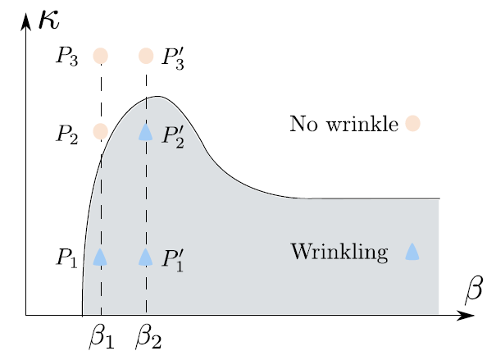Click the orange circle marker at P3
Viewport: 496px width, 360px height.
(100, 56)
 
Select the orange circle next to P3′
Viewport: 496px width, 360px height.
(146, 56)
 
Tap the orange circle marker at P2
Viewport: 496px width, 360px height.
(100, 131)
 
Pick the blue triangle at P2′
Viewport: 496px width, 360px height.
(146, 131)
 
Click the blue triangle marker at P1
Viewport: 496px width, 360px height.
(100, 257)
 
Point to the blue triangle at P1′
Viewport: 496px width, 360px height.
(146, 257)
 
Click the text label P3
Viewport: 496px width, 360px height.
(68, 57)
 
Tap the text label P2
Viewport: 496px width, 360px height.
(68, 134)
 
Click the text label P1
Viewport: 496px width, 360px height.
(68, 258)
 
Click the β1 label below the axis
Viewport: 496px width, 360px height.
(101, 335)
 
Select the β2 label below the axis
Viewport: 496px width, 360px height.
(148, 335)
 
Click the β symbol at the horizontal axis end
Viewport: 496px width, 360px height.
(474, 289)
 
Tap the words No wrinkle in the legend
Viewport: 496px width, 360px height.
(344, 125)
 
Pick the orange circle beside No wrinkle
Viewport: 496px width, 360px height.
(412, 124)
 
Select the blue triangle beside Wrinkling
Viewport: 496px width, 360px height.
(412, 252)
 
